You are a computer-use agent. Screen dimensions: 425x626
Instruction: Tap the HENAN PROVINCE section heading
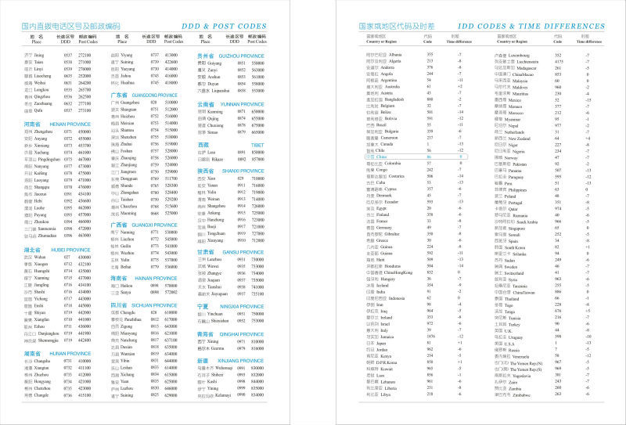[49, 124]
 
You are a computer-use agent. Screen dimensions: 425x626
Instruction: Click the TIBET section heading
[205, 144]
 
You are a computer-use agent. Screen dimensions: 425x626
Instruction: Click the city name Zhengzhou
[42, 133]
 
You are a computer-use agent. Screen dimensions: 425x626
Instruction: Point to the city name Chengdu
[128, 312]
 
